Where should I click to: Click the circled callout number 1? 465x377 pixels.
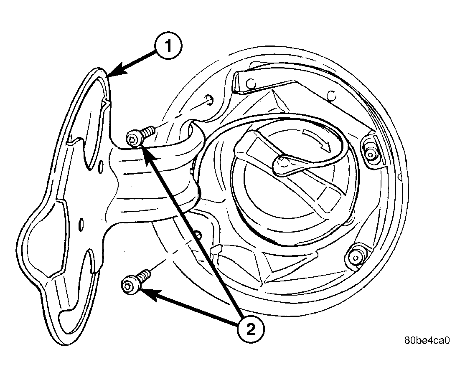point(168,46)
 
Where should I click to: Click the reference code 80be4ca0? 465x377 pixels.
point(427,340)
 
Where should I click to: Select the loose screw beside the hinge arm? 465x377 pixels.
point(140,136)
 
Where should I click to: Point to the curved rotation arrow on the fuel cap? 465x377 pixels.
point(318,137)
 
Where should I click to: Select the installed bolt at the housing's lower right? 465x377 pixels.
point(355,256)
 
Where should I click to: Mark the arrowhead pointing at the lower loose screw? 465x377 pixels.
point(148,295)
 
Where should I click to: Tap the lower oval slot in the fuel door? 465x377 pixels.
point(81,224)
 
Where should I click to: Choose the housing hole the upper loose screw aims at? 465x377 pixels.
point(209,100)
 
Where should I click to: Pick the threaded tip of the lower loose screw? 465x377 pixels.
point(146,273)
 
